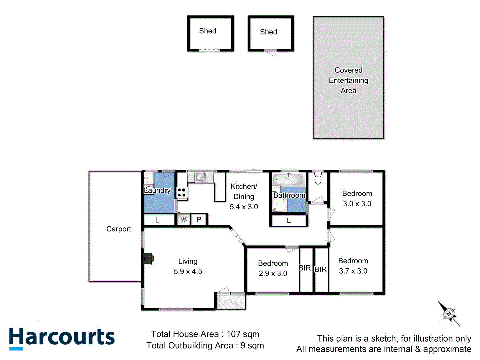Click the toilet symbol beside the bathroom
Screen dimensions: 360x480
coord(318,179)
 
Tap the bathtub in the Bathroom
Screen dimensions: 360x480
coord(289,180)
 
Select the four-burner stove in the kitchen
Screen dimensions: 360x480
coord(182,193)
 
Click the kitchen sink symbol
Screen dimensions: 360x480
coord(201,177)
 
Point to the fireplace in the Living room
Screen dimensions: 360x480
coord(148,258)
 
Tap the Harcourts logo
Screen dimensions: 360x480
coord(62,337)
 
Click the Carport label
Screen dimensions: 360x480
coord(119,229)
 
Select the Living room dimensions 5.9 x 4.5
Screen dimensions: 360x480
coord(188,272)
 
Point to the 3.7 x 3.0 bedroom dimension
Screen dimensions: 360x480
coord(353,271)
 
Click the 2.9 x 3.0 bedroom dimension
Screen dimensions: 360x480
coord(273,274)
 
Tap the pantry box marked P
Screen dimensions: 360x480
coord(199,220)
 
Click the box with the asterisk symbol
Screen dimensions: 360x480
coord(183,220)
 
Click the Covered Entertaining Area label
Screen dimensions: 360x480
coord(348,80)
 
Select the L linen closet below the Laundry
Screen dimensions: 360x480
coord(157,220)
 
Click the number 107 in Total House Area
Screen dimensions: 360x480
coord(233,334)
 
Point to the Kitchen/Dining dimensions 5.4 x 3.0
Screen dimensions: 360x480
coord(244,207)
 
